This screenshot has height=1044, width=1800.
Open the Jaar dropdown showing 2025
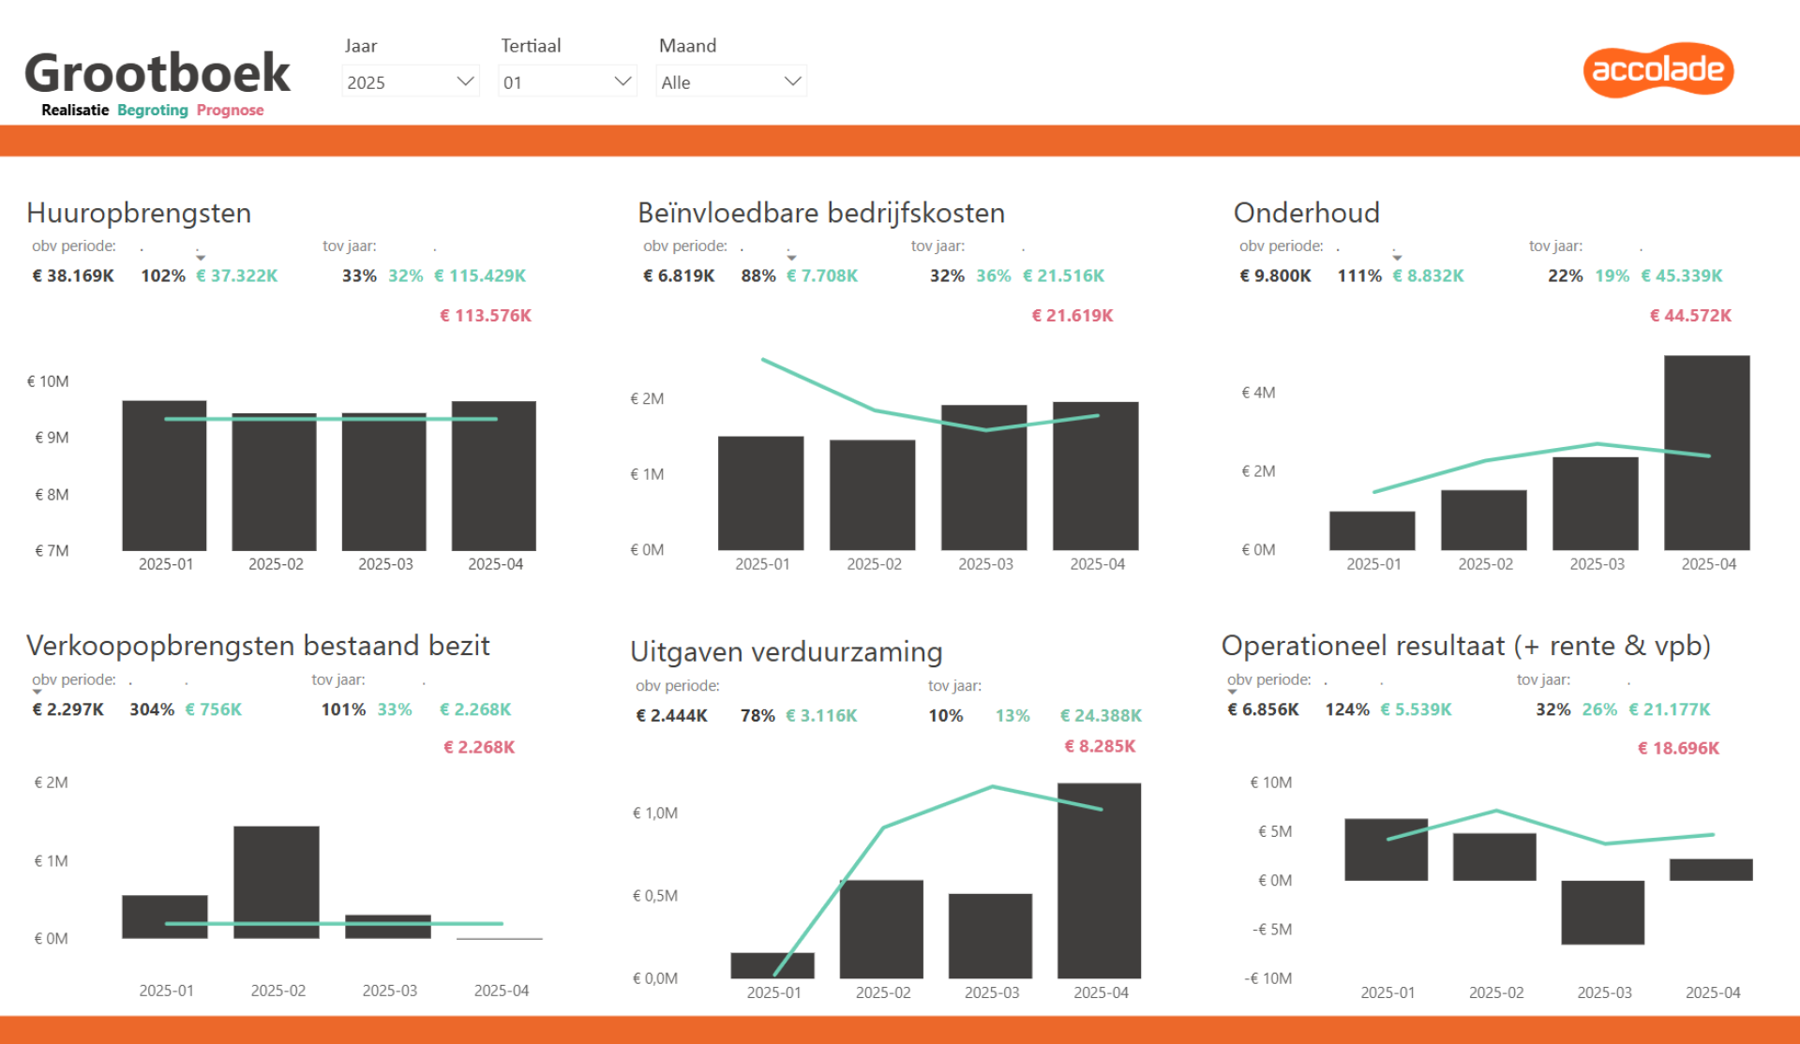click(411, 82)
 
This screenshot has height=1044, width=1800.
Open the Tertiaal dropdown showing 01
click(567, 82)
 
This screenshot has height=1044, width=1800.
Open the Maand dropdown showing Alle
click(731, 82)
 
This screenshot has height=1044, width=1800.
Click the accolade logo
click(1658, 69)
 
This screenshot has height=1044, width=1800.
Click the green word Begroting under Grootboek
click(153, 111)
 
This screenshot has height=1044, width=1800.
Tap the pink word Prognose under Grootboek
click(230, 111)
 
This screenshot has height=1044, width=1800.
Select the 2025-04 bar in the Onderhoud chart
click(1707, 453)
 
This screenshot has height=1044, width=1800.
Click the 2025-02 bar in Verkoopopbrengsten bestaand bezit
click(277, 882)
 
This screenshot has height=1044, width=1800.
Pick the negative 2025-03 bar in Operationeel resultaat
click(1603, 912)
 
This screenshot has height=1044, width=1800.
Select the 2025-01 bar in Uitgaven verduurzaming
click(772, 965)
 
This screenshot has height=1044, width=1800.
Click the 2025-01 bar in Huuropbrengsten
click(164, 475)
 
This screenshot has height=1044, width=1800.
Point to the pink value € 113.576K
click(486, 316)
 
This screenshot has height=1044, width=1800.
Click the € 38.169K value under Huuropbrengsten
click(73, 276)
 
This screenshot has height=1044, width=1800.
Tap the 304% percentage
click(152, 709)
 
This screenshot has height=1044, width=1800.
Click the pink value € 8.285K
click(1100, 746)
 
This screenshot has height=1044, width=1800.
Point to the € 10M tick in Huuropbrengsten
click(48, 381)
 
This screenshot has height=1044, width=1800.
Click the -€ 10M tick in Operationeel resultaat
click(1268, 978)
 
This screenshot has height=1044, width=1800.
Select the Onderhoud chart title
click(1307, 213)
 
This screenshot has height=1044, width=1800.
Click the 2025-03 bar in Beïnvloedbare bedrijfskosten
click(984, 477)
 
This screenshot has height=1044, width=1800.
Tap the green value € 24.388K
click(1101, 715)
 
